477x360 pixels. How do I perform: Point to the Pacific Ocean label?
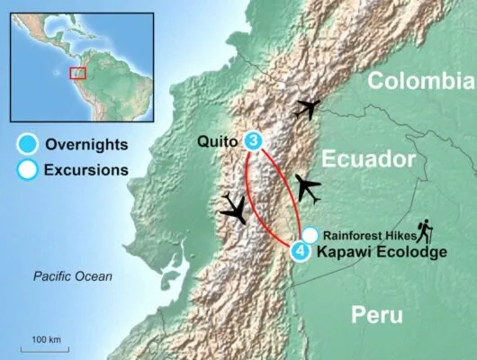click(72, 276)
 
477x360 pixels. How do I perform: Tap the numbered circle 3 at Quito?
click(255, 141)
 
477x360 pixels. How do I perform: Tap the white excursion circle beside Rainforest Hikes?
click(310, 234)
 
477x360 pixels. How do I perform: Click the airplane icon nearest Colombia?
click(307, 109)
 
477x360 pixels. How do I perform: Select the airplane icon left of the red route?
click(236, 209)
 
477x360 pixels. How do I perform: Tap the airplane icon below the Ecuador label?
click(307, 189)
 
